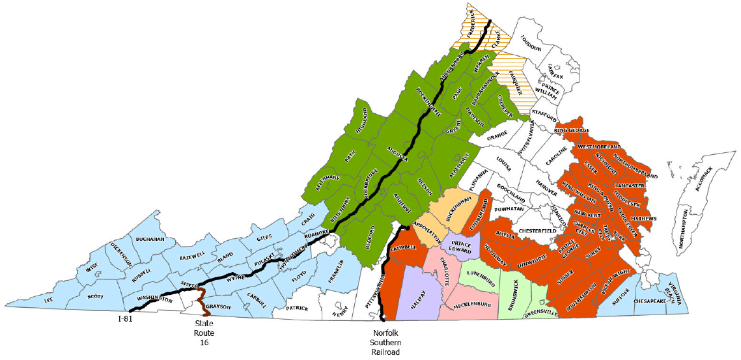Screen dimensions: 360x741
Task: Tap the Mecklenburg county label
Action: (x=468, y=305)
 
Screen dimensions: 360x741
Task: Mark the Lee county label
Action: (x=48, y=300)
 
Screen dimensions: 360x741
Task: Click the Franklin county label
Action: (x=335, y=276)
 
